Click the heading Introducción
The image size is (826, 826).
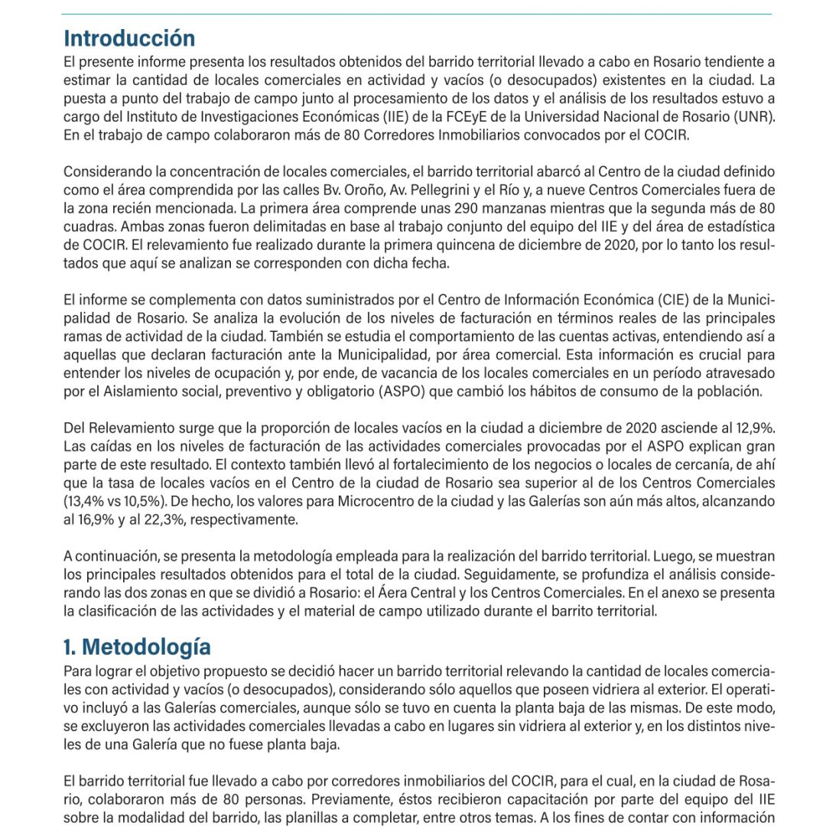coord(129,38)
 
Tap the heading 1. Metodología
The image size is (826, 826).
coord(137,646)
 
